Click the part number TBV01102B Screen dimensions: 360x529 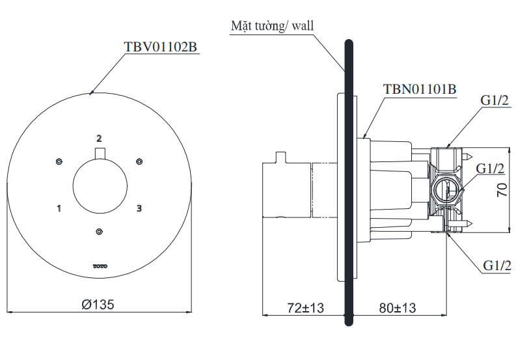click(x=159, y=47)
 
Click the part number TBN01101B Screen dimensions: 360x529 click(x=420, y=89)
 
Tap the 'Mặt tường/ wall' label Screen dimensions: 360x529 click(x=272, y=26)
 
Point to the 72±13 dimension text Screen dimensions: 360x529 click(x=305, y=307)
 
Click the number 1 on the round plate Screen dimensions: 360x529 click(x=59, y=208)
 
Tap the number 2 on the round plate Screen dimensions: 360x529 click(x=99, y=138)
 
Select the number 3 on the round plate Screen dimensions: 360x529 click(x=139, y=208)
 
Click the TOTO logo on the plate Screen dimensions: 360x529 click(x=99, y=264)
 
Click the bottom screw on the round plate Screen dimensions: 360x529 click(x=99, y=231)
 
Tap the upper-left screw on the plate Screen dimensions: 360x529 click(x=59, y=161)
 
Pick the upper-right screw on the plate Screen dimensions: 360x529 click(x=138, y=161)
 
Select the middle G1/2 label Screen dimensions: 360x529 click(x=491, y=169)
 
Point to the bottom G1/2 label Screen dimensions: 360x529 click(x=497, y=265)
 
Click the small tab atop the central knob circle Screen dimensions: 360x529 click(x=99, y=154)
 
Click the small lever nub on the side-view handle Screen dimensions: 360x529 click(x=280, y=158)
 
